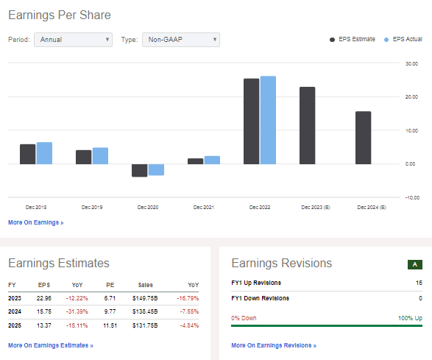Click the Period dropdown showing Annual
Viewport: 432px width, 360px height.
[73, 40]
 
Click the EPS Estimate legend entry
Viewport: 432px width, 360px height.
[352, 39]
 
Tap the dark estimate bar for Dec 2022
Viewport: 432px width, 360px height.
[251, 121]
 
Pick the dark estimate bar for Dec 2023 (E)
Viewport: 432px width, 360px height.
[307, 125]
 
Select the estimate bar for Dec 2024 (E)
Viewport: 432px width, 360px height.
[364, 137]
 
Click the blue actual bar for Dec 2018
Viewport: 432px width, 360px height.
[44, 152]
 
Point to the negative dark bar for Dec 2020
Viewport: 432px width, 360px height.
[139, 170]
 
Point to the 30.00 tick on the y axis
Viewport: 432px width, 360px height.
[412, 63]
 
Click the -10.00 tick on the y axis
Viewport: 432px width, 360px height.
[412, 197]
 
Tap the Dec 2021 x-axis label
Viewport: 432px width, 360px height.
[202, 208]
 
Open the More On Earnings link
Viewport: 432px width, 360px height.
[35, 222]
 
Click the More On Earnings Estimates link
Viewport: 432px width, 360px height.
[51, 345]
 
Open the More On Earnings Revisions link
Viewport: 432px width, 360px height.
[273, 345]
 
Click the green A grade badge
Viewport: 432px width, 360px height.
[414, 264]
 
